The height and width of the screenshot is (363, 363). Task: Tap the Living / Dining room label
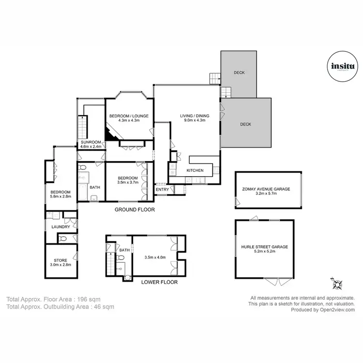[x=193, y=116]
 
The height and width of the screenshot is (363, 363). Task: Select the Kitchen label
[x=196, y=170]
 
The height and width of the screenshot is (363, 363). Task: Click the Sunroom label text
[x=91, y=142]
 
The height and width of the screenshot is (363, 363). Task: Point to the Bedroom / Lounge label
[x=129, y=116]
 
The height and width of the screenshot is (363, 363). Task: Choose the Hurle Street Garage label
[x=264, y=247]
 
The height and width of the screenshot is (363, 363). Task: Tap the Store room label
[x=60, y=260]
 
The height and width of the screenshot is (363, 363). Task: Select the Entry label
[x=162, y=189]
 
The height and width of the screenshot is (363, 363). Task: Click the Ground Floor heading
[x=135, y=210]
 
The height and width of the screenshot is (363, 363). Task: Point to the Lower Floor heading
[x=159, y=282]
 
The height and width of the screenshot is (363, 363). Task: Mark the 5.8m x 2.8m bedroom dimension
[x=61, y=197]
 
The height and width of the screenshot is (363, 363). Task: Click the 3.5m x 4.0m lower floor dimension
[x=155, y=257]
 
